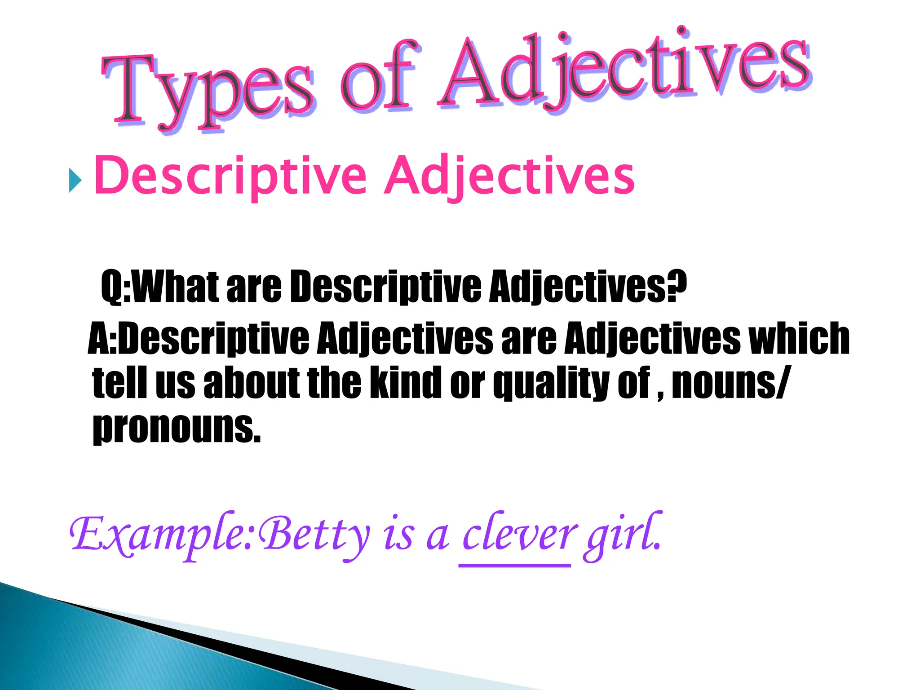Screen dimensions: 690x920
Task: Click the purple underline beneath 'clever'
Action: pyautogui.click(x=515, y=566)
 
